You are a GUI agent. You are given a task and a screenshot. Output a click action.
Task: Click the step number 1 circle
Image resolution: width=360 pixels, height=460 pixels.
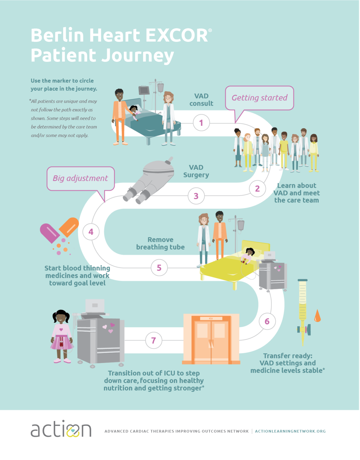[x=201, y=123]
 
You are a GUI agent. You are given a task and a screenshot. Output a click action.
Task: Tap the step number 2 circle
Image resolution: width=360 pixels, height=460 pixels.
[x=257, y=189]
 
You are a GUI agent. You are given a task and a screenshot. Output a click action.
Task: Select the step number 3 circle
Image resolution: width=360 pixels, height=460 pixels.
[x=196, y=196]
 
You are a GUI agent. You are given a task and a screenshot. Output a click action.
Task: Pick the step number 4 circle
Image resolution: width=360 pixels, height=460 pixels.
[x=91, y=232]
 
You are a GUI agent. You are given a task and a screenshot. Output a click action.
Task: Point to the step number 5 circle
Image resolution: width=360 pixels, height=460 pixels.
[x=159, y=268]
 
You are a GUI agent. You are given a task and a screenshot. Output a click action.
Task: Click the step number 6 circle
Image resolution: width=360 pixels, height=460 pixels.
[x=267, y=321]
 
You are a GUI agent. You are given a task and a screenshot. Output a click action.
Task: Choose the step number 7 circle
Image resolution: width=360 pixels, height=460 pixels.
[x=153, y=341]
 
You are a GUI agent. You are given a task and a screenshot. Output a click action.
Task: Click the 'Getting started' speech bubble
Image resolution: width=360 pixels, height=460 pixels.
[x=259, y=98]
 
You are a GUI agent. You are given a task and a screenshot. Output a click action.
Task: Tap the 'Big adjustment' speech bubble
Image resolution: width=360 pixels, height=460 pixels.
[x=81, y=178]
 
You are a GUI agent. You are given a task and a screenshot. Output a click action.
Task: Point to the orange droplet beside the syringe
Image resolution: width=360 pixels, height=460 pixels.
[x=317, y=316]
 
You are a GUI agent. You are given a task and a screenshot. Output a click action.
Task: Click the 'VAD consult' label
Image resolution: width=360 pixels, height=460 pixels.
[x=201, y=100]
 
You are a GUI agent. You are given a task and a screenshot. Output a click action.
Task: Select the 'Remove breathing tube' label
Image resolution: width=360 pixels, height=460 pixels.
[x=160, y=243]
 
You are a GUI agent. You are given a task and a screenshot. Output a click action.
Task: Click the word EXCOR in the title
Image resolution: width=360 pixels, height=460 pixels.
[x=177, y=35]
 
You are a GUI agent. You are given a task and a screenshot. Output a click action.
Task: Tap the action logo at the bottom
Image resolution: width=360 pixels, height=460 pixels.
[x=61, y=429]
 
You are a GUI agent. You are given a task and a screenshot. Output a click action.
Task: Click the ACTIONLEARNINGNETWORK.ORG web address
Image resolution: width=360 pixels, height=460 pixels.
[x=290, y=431]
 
